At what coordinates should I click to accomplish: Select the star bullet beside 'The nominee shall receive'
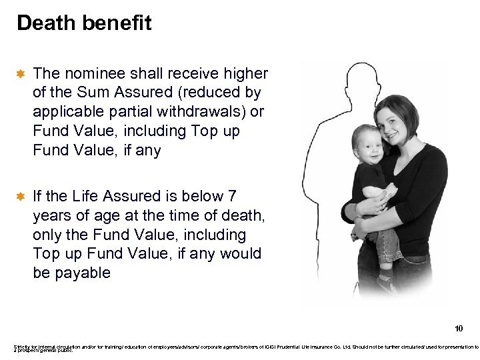(x=21, y=73)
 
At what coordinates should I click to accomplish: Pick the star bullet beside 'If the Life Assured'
(x=21, y=197)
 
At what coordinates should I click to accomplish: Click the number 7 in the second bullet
(x=232, y=196)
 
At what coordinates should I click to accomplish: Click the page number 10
(x=458, y=329)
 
